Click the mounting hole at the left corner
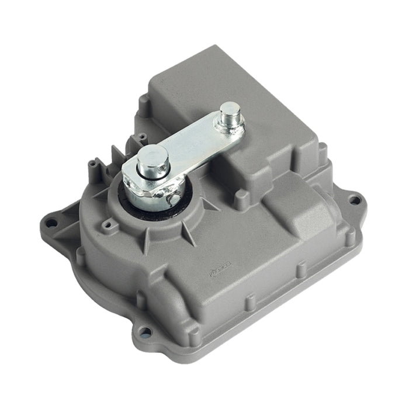[x=52, y=223]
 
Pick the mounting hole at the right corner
[x=354, y=200]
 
